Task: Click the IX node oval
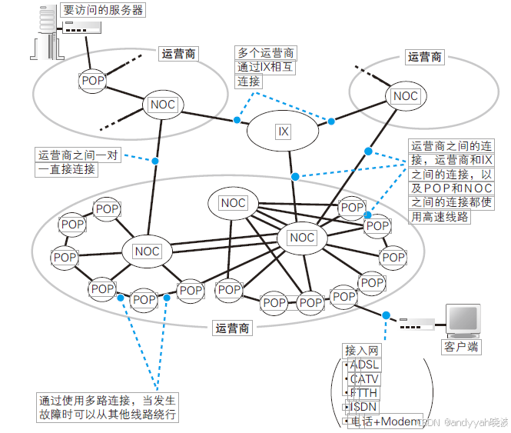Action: (283, 132)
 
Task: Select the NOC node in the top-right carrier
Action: (405, 96)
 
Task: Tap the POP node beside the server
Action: (92, 80)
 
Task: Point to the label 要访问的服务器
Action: (103, 11)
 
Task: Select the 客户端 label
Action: (461, 347)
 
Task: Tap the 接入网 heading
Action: (362, 350)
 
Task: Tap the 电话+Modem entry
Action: (384, 421)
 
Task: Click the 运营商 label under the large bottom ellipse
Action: (231, 328)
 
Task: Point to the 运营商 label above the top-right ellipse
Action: (425, 57)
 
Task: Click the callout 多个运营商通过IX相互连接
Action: (265, 68)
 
